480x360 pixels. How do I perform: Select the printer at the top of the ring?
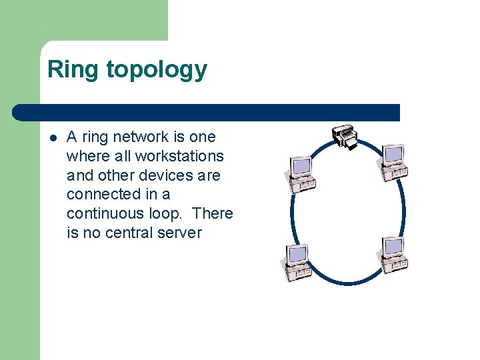(x=345, y=137)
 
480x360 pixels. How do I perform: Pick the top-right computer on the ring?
(x=392, y=162)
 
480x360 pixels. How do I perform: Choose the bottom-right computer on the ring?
(x=392, y=255)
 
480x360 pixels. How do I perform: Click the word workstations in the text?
(x=179, y=156)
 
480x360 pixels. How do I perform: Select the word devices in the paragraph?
(x=164, y=175)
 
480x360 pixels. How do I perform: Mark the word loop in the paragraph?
(x=167, y=213)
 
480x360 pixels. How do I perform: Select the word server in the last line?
(x=179, y=233)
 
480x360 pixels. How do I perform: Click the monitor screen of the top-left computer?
(x=301, y=165)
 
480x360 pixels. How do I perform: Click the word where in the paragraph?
(x=86, y=156)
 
